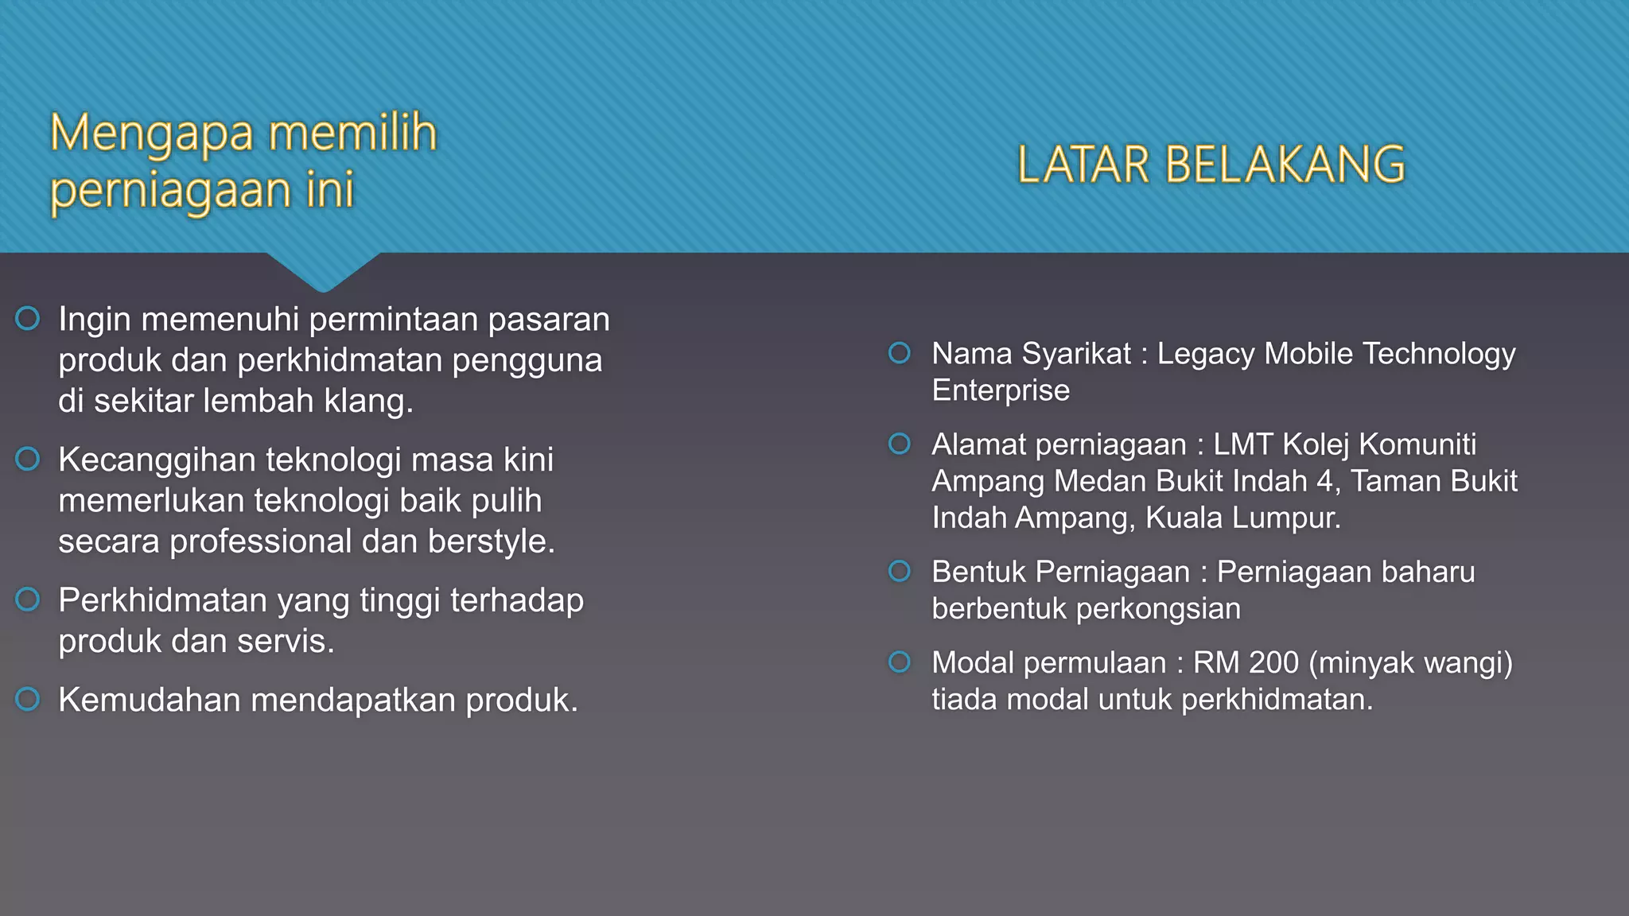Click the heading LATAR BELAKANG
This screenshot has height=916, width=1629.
[1211, 165]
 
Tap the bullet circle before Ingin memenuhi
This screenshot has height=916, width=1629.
[28, 319]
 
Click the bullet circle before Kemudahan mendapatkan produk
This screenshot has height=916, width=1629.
[28, 700]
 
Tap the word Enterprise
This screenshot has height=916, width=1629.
[1001, 390]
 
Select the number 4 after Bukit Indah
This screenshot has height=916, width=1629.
[1325, 481]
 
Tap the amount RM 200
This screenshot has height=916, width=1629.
[1246, 662]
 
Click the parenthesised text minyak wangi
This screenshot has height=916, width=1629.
[1410, 662]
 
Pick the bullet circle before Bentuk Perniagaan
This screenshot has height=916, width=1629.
[900, 572]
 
